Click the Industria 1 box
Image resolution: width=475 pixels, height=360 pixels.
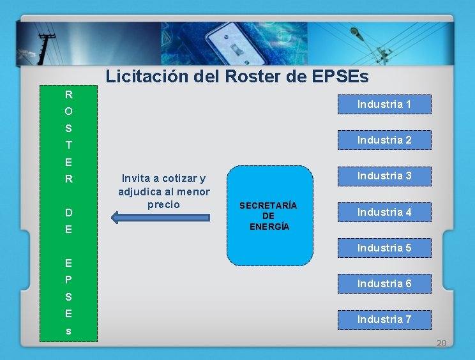pos(384,104)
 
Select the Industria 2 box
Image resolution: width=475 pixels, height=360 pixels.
pos(384,140)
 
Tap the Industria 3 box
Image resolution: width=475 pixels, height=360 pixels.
pos(384,176)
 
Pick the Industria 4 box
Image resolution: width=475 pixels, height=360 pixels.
pos(384,212)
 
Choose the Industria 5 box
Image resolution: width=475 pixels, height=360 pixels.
pos(384,248)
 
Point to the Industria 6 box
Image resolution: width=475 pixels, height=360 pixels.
pos(384,283)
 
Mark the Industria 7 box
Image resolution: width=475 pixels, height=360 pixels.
pos(384,319)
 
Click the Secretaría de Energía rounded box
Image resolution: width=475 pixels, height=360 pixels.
pos(271,216)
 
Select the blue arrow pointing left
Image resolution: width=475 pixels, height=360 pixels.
pos(160,218)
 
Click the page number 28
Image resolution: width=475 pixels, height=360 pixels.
pos(441,343)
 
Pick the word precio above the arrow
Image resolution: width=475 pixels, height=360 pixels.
pos(164,205)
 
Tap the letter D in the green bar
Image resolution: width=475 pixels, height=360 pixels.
pos(68,213)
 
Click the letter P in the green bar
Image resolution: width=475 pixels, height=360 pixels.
pos(68,280)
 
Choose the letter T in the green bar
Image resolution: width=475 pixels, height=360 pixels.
pos(68,145)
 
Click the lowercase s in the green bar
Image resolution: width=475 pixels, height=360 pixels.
pos(68,332)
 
